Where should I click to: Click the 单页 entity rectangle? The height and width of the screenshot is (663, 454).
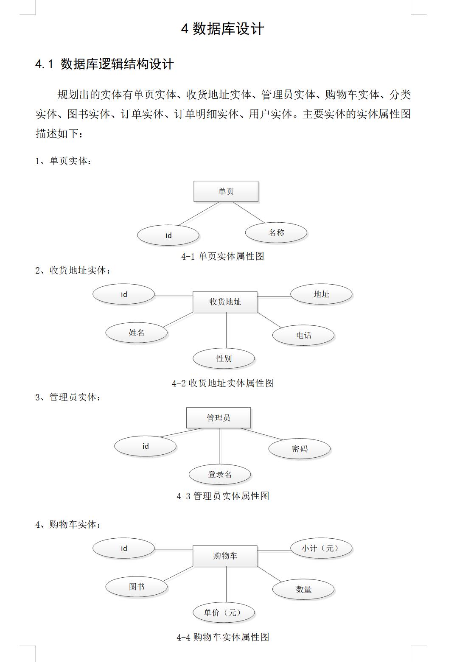[226, 191]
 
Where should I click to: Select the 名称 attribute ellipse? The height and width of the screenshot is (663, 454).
[276, 232]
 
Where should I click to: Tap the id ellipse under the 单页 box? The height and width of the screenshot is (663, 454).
[168, 235]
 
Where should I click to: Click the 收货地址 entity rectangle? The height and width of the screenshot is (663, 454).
[225, 302]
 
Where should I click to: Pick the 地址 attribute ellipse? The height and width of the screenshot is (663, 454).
[321, 294]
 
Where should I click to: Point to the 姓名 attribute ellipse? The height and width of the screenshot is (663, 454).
[137, 333]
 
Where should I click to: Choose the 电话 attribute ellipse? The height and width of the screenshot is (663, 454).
[303, 336]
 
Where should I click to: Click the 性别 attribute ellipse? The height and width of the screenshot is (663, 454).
[224, 358]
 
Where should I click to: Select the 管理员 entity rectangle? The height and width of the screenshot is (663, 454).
[219, 418]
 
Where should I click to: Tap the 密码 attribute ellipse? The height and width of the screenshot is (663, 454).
[300, 449]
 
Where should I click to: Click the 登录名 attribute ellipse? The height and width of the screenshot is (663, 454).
[220, 475]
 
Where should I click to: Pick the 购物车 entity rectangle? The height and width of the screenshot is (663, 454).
[225, 556]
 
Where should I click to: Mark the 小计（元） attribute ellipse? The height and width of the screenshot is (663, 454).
[321, 548]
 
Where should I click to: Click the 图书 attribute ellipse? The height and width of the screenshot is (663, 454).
[137, 587]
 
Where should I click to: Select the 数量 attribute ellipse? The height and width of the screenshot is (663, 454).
[303, 589]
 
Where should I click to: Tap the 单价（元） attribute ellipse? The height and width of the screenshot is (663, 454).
[224, 613]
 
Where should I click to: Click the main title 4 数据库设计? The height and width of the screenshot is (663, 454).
[223, 29]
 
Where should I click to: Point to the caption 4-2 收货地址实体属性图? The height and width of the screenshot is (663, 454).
[223, 383]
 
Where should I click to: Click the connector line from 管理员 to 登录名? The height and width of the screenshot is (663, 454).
[220, 446]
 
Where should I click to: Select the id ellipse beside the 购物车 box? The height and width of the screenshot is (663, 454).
[124, 548]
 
